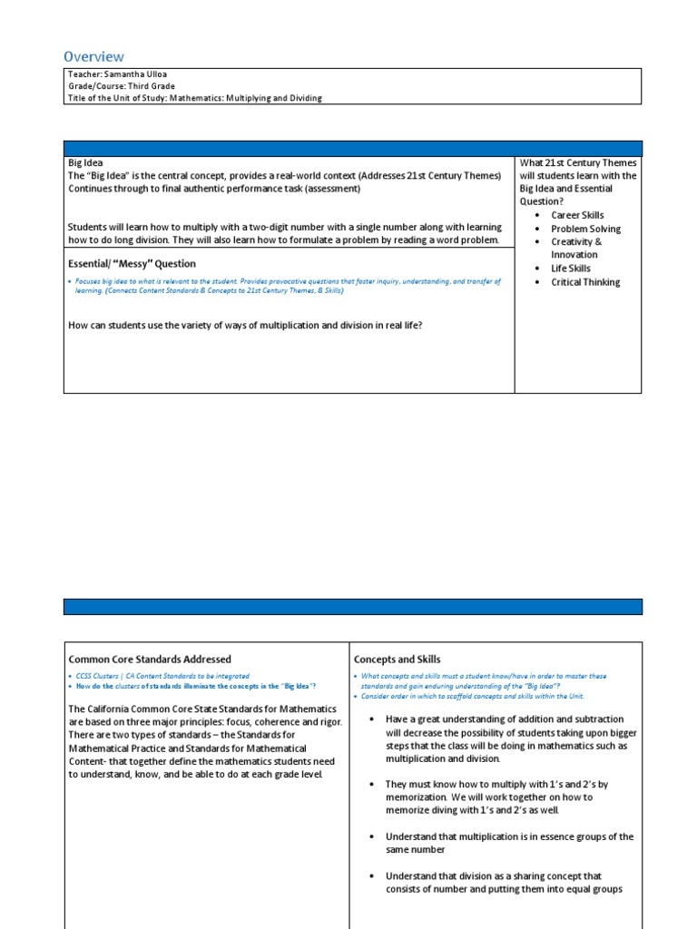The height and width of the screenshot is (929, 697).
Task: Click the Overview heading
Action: tap(93, 56)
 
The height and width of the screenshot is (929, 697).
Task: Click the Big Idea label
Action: tap(86, 163)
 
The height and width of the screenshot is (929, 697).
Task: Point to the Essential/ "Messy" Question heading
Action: tap(132, 264)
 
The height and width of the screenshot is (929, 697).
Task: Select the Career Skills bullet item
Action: tap(577, 215)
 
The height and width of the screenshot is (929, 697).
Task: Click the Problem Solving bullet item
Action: tap(585, 229)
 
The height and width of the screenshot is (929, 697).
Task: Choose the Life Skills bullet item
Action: tap(570, 269)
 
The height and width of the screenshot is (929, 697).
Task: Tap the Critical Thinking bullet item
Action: tap(585, 282)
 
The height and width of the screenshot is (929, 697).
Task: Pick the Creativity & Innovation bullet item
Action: tap(575, 249)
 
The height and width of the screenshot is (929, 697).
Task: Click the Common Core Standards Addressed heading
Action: tap(150, 660)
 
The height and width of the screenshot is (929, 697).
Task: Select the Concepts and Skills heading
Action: tap(397, 660)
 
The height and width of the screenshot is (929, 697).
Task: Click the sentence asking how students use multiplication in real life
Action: tap(244, 326)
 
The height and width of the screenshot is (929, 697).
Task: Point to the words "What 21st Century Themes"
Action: tap(578, 163)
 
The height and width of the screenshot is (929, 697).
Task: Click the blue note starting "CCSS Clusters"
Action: tap(162, 676)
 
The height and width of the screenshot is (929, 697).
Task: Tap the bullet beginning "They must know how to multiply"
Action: tap(496, 797)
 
